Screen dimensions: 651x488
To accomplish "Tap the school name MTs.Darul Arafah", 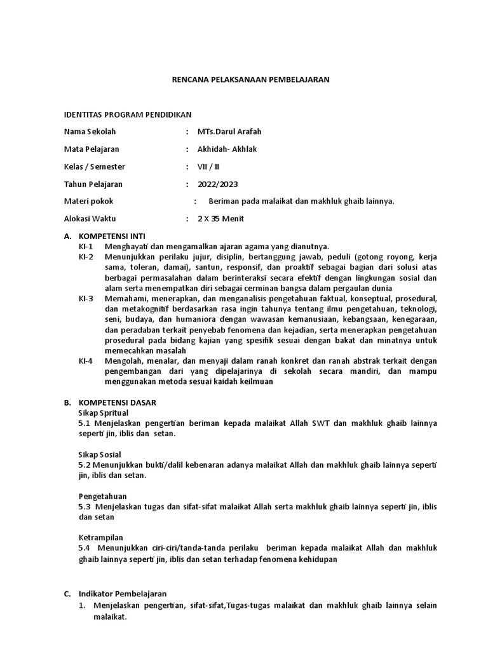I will (x=229, y=132).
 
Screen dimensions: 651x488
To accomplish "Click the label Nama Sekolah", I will (x=90, y=132).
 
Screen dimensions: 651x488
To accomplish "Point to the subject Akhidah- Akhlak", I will (x=227, y=149).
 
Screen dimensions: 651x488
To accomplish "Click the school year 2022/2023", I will (x=218, y=184).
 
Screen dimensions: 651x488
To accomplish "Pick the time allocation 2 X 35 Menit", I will (x=220, y=219).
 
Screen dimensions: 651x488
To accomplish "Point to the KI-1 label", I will (x=86, y=246).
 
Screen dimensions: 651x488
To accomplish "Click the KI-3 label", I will (x=86, y=298).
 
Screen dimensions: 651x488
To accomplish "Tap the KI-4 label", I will (x=86, y=360).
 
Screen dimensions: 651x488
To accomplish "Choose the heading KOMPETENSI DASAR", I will (x=117, y=402).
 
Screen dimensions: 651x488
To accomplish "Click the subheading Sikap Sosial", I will (x=99, y=455).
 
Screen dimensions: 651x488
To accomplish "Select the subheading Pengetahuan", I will (x=103, y=496).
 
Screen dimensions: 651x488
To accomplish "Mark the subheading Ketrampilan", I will (x=101, y=537).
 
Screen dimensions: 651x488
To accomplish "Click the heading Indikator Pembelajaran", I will (x=123, y=594).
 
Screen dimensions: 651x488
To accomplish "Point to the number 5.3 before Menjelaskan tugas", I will (x=85, y=507).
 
